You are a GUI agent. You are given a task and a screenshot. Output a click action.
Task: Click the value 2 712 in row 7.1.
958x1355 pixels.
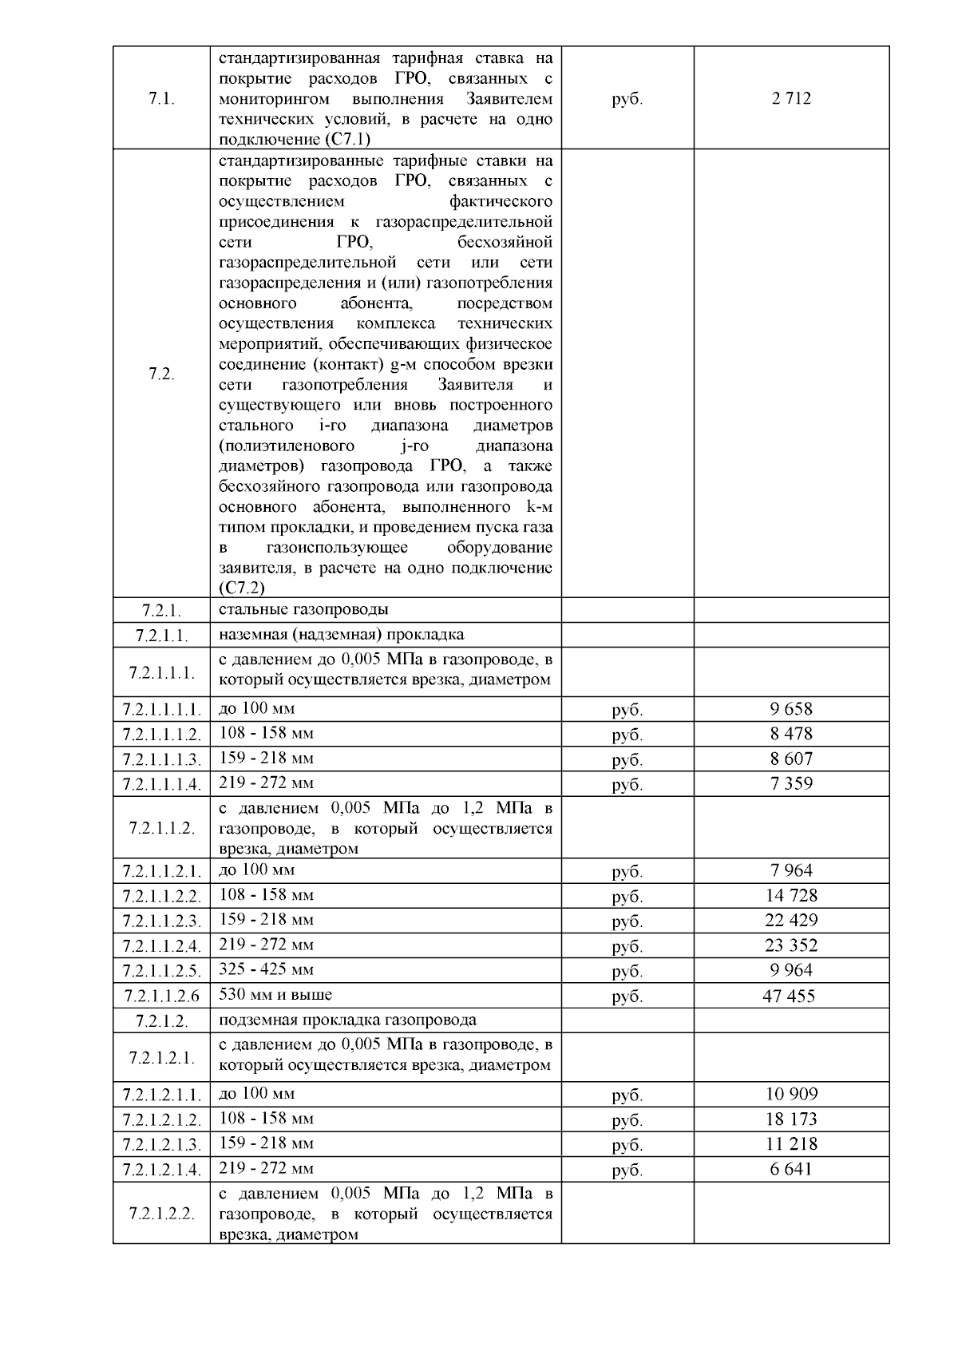(791, 99)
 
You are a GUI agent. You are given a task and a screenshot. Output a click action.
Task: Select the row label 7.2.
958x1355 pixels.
(162, 374)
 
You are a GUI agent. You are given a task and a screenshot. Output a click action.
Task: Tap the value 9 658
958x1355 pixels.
(791, 709)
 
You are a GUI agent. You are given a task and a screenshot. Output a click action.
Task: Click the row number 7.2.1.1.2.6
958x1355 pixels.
(162, 996)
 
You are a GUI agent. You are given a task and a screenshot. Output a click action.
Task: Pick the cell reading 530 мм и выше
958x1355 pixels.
(275, 995)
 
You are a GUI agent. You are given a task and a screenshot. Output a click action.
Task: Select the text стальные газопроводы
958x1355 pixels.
(303, 609)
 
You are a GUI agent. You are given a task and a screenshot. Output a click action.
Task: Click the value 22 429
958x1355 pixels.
(791, 921)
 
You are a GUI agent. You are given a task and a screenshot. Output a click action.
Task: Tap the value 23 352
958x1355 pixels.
(791, 945)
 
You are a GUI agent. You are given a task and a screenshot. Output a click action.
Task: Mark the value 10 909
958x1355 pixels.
(791, 1094)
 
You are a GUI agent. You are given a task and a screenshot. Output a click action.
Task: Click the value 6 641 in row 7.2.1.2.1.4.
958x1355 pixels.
(791, 1169)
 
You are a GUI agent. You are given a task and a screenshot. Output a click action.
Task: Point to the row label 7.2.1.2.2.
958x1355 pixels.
(162, 1214)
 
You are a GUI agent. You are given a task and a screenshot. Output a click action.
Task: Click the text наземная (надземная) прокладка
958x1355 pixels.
(341, 635)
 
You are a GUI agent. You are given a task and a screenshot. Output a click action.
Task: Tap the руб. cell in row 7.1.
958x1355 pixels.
(627, 99)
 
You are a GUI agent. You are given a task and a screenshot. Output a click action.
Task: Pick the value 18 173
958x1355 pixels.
(791, 1119)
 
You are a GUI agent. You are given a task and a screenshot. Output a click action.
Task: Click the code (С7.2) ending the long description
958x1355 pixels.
(241, 588)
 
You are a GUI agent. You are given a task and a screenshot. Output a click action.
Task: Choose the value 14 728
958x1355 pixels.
(791, 896)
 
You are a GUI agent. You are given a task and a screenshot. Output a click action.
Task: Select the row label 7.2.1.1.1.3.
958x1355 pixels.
(162, 759)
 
